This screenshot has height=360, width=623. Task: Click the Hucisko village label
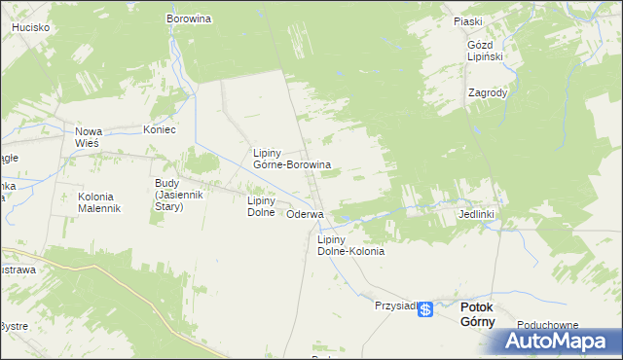tap(30, 28)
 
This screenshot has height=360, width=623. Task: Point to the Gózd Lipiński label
tap(484, 51)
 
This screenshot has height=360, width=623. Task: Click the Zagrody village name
tap(487, 93)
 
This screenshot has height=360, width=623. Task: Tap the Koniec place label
tap(159, 129)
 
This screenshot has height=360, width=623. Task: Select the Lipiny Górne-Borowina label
tap(291, 160)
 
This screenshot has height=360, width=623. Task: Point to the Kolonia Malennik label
tap(98, 202)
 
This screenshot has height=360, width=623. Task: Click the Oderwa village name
tap(305, 214)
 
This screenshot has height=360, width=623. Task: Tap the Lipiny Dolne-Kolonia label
tap(350, 245)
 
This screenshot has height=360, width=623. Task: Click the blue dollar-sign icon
tap(425, 308)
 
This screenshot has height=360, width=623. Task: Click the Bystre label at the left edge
tap(14, 326)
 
